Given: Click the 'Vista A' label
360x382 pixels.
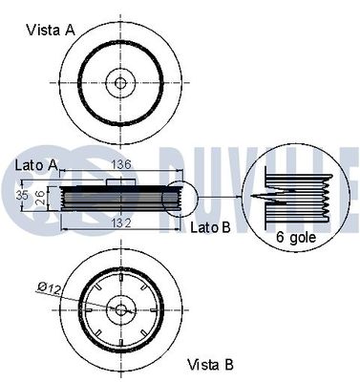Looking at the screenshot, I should click(x=50, y=29).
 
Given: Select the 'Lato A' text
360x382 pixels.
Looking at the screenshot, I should click(x=34, y=166).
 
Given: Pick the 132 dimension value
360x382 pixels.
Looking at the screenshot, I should click(x=120, y=223).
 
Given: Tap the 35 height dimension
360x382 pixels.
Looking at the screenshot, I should click(x=22, y=196).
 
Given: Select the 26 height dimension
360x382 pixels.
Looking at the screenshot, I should click(x=37, y=197).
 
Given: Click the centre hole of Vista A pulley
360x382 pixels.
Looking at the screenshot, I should click(x=120, y=83).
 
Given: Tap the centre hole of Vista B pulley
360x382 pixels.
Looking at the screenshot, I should click(x=120, y=308).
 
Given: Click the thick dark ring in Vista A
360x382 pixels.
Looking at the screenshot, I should click(x=86, y=83).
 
